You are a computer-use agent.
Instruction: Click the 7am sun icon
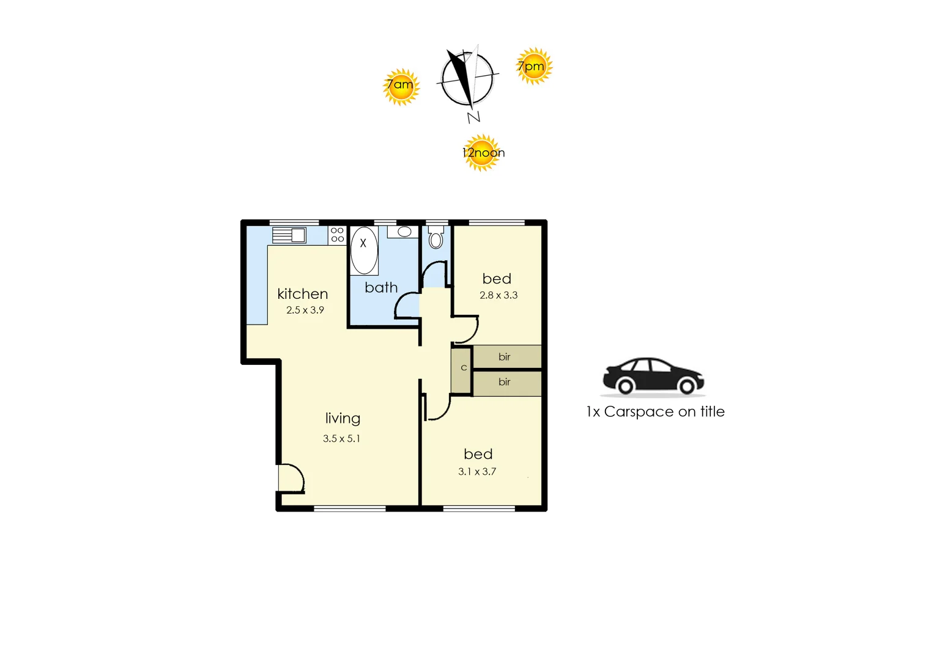click(x=401, y=87)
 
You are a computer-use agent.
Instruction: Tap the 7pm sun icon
click(x=534, y=66)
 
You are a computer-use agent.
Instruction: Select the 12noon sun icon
click(x=482, y=153)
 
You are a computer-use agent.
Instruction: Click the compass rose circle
click(x=467, y=79)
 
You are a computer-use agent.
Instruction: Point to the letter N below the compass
click(x=473, y=117)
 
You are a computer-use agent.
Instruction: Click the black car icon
click(x=653, y=376)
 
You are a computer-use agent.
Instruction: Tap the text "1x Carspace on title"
click(x=655, y=412)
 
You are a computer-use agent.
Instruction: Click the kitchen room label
click(x=302, y=294)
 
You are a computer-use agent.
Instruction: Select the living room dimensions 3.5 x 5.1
click(x=341, y=439)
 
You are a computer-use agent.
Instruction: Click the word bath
click(x=381, y=287)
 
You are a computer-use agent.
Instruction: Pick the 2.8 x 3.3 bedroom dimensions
click(x=498, y=295)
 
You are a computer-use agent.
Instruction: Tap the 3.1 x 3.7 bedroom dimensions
click(x=477, y=472)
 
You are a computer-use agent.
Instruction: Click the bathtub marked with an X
click(x=364, y=251)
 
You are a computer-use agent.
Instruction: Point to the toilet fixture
click(x=435, y=238)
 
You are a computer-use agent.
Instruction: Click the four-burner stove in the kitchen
click(x=337, y=235)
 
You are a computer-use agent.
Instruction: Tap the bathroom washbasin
click(x=404, y=232)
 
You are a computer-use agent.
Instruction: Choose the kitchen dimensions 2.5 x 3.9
click(x=305, y=310)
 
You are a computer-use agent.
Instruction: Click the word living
click(x=343, y=419)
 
